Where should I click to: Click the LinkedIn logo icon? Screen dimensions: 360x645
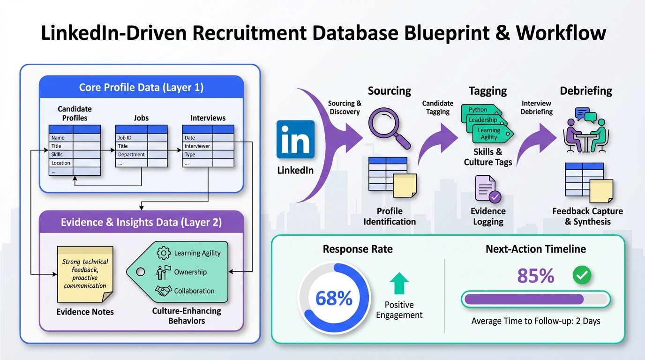click(x=296, y=139)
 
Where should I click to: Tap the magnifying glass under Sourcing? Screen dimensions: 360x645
click(x=389, y=126)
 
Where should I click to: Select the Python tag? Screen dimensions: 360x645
click(x=479, y=110)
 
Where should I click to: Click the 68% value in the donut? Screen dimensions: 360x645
click(x=334, y=298)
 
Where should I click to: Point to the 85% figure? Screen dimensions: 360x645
click(x=536, y=276)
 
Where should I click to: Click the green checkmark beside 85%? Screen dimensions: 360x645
click(x=582, y=276)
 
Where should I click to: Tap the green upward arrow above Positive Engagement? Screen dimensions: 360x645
click(x=399, y=284)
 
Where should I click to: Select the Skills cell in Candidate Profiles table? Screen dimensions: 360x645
click(x=61, y=155)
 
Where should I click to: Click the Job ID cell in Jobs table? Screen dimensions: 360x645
click(x=131, y=138)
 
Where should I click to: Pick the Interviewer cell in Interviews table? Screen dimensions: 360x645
click(x=197, y=146)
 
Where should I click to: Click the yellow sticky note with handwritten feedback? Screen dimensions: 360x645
click(x=85, y=274)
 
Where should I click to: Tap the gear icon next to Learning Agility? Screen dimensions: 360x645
click(x=163, y=253)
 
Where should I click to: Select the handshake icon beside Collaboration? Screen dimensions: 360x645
click(x=163, y=291)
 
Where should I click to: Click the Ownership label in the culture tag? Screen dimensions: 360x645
click(x=190, y=272)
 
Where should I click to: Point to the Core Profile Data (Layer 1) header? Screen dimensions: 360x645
click(x=141, y=87)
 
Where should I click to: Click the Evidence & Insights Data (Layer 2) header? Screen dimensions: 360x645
click(x=141, y=222)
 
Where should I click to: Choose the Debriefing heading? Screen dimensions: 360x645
click(x=586, y=90)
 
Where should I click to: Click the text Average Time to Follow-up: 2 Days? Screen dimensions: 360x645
click(x=536, y=322)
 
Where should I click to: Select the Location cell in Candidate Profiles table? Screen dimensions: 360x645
click(x=61, y=163)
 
